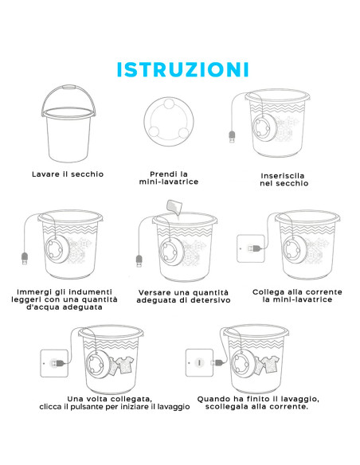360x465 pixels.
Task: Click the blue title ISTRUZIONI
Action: tap(182, 69)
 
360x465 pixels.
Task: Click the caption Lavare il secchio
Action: tap(68, 174)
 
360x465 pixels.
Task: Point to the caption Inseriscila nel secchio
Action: tap(284, 178)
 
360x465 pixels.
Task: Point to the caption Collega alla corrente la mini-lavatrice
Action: tap(296, 296)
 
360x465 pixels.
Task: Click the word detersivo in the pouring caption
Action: tap(212, 301)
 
